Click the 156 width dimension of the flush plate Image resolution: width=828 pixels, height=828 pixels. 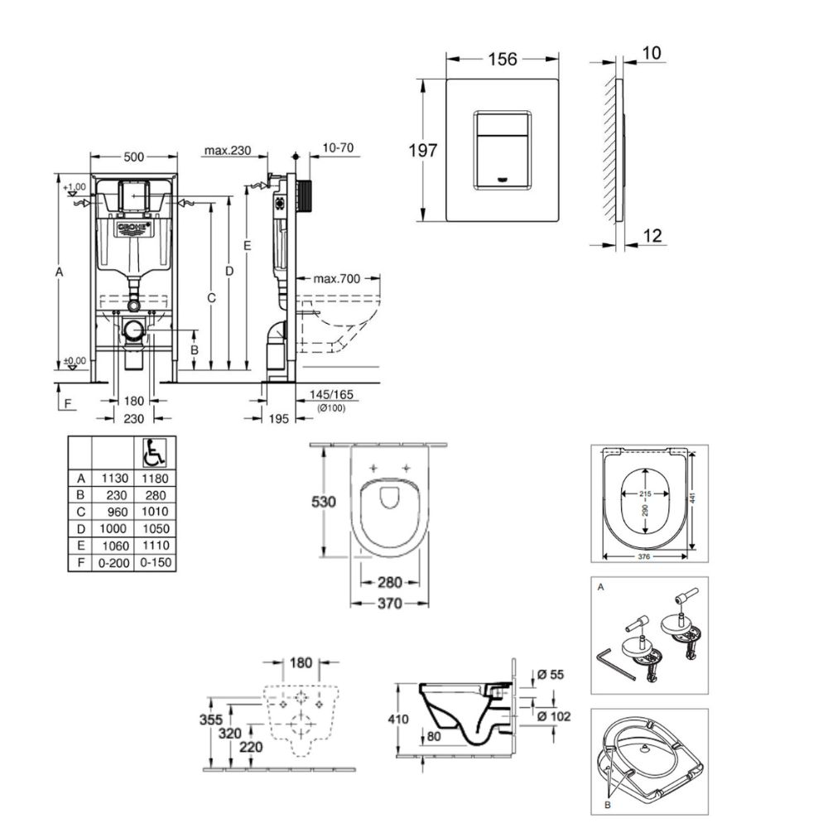tap(503, 60)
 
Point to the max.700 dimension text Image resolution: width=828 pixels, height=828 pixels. tap(338, 279)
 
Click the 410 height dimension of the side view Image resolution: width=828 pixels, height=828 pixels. tap(399, 720)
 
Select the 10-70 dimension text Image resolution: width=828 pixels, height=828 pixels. tap(335, 149)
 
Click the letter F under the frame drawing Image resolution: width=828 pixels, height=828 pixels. tap(69, 403)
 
